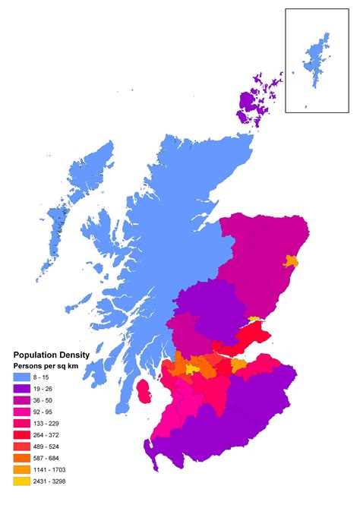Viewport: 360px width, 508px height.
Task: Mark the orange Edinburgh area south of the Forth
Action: click(238, 365)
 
